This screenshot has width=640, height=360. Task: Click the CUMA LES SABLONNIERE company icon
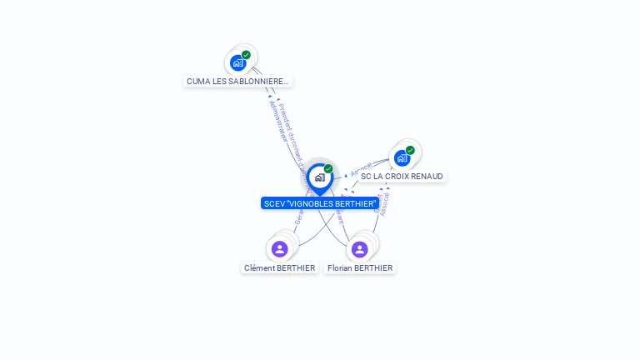238,62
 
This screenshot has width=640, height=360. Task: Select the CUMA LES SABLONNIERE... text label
237,82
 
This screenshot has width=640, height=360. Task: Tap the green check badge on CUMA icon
246,55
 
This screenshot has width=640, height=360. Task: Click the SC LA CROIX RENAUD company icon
402,157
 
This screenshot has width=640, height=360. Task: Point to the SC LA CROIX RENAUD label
402,177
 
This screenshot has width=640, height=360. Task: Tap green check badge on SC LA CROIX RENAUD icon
410,150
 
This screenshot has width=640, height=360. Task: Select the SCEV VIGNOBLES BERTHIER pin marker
319,177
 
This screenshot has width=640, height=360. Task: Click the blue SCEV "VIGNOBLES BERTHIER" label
320,203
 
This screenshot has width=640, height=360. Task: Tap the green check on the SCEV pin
328,168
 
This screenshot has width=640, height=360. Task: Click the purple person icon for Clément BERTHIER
280,248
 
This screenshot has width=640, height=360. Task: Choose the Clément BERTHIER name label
280,268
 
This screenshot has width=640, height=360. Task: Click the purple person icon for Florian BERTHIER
359,249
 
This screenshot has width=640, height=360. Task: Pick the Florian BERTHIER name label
360,268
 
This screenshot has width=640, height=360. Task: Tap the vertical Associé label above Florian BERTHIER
384,203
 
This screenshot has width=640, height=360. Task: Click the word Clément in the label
261,268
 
